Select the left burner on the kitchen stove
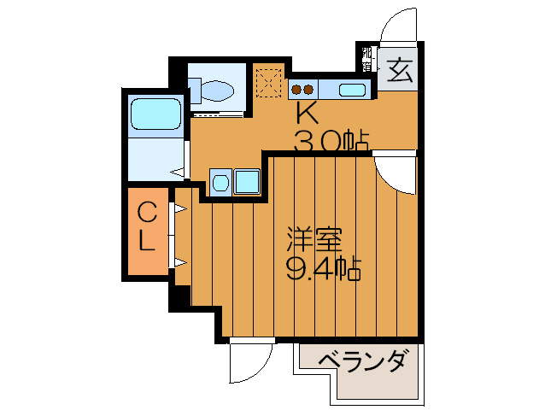(x=295, y=87)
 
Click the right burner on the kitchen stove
(x=308, y=87)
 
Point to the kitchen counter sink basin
(x=353, y=89)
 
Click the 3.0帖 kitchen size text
(x=331, y=139)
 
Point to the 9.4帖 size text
(x=322, y=270)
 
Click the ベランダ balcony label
(x=362, y=362)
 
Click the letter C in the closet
(x=147, y=210)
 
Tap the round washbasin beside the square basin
(x=220, y=181)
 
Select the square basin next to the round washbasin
(x=248, y=181)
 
